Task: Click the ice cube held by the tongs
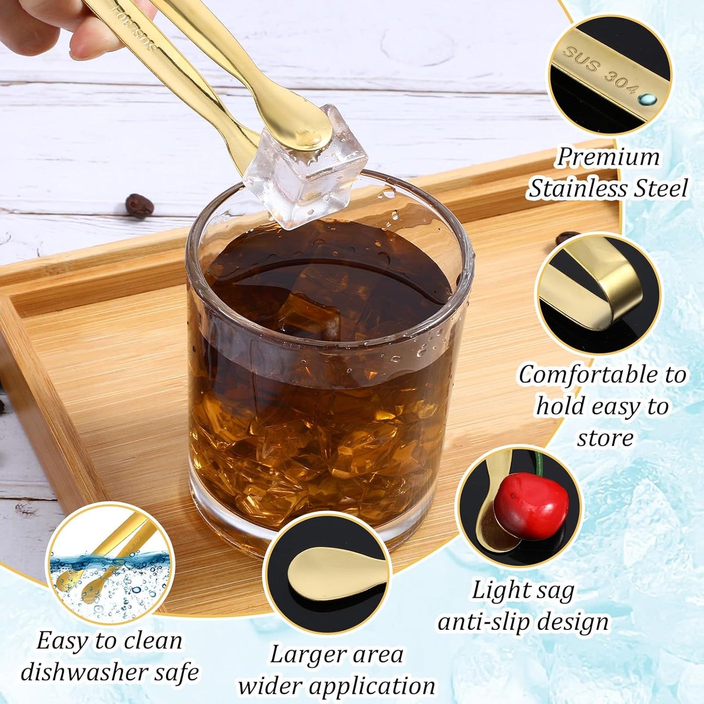point(305,168)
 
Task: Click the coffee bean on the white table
point(139,206)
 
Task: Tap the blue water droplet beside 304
point(647,98)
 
